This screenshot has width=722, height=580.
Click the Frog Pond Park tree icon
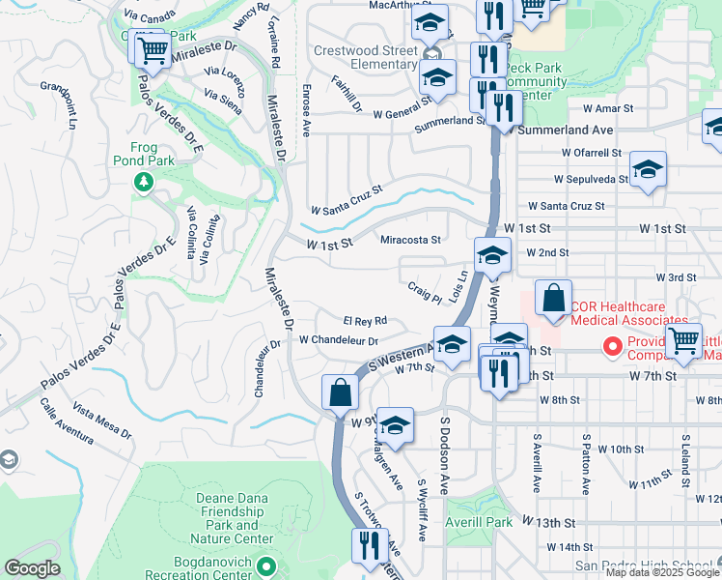(144, 182)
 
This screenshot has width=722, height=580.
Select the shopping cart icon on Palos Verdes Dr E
(150, 49)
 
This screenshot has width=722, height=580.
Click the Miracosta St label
(410, 240)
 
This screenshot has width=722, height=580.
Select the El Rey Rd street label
(365, 321)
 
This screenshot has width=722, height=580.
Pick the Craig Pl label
(424, 290)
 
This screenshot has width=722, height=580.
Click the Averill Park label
(479, 522)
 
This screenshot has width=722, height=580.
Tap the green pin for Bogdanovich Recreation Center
(268, 565)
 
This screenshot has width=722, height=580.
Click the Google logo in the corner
(33, 568)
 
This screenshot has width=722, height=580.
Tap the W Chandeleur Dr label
(338, 340)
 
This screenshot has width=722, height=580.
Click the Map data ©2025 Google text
(661, 572)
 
